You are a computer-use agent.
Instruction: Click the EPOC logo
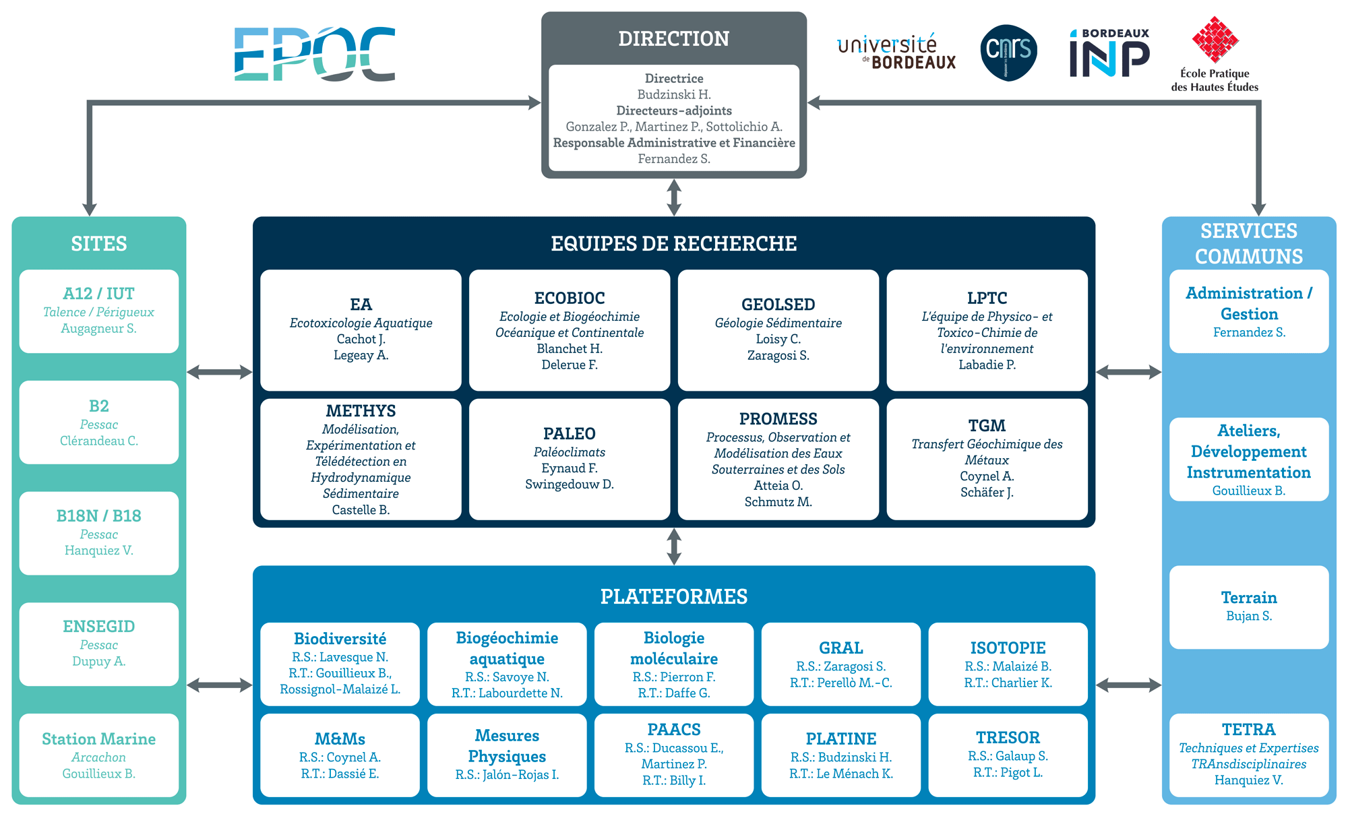pos(315,54)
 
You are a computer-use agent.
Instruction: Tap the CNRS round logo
pos(1008,53)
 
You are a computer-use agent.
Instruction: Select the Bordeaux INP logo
pos(1109,53)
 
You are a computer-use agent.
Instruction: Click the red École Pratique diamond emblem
pos(1215,40)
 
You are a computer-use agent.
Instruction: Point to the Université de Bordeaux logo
pos(896,53)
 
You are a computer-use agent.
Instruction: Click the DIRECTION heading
pos(674,38)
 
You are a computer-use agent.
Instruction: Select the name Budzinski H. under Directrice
pos(674,94)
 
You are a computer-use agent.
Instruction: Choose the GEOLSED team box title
pos(778,305)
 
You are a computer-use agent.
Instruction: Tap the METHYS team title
pos(361,410)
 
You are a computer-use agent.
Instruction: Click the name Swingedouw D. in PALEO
pos(570,484)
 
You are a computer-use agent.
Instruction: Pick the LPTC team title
pos(987,298)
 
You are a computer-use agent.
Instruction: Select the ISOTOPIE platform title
pos(1008,648)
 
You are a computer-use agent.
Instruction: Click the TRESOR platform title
pos(1008,737)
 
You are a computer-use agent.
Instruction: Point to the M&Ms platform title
pos(340,739)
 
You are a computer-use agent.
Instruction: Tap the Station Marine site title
pos(98,739)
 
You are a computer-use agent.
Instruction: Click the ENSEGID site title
pos(98,626)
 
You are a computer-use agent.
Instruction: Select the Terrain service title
pos(1249,597)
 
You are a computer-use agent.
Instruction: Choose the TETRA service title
pos(1249,729)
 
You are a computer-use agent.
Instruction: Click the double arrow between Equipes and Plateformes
pos(674,546)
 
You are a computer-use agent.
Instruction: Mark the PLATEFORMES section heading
pos(674,596)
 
